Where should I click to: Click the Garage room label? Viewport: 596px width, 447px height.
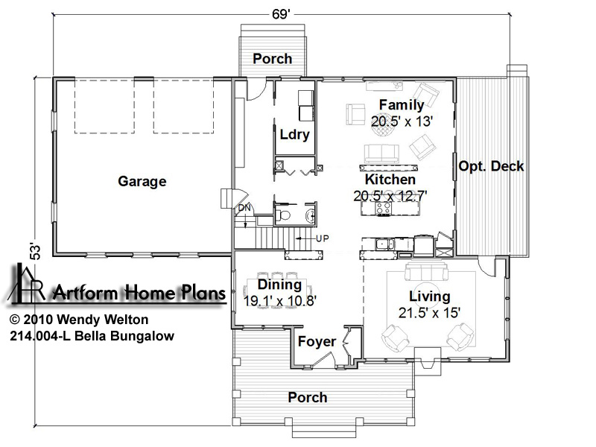pyautogui.click(x=142, y=181)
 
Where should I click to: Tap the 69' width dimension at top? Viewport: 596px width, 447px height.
pyautogui.click(x=281, y=14)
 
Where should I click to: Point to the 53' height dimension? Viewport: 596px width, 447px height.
pyautogui.click(x=35, y=251)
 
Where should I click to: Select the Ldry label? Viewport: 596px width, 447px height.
pyautogui.click(x=294, y=135)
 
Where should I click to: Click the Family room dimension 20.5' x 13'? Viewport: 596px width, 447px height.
pyautogui.click(x=402, y=121)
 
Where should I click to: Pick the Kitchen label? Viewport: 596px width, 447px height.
pyautogui.click(x=390, y=180)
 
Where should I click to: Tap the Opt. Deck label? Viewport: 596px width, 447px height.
pyautogui.click(x=491, y=166)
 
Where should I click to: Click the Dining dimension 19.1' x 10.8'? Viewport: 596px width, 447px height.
pyautogui.click(x=280, y=301)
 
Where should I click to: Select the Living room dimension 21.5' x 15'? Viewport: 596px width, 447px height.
pyautogui.click(x=430, y=313)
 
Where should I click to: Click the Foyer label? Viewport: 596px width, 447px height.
pyautogui.click(x=317, y=342)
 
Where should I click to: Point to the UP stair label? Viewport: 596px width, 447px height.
pyautogui.click(x=323, y=238)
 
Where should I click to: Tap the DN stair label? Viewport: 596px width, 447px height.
pyautogui.click(x=244, y=209)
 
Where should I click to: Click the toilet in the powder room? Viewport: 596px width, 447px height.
pyautogui.click(x=282, y=215)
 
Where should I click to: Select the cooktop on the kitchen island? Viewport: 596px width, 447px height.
pyautogui.click(x=383, y=208)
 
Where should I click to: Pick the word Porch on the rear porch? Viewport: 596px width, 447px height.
pyautogui.click(x=273, y=59)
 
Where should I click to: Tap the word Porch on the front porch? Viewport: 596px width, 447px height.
pyautogui.click(x=308, y=398)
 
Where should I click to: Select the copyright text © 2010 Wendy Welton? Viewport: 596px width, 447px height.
pyautogui.click(x=79, y=320)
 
